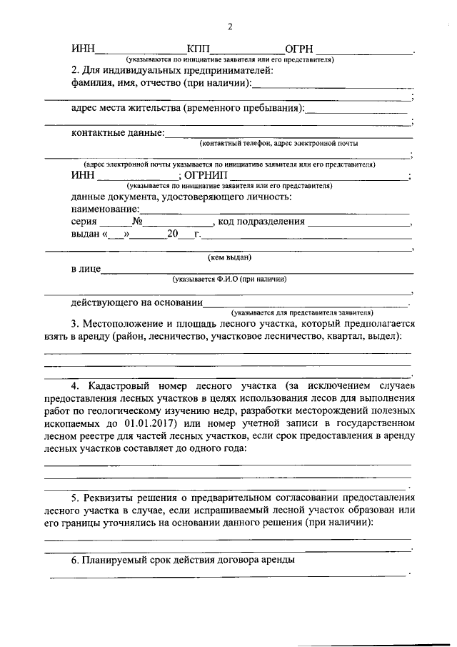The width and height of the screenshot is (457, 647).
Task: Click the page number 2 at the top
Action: [x=229, y=27]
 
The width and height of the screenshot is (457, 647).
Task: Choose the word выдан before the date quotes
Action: [x=85, y=234]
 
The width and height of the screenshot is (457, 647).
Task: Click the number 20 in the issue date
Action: [x=172, y=234]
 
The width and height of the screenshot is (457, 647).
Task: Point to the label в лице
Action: [x=85, y=270]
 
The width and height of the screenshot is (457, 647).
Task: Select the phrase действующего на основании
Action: [x=136, y=303]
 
